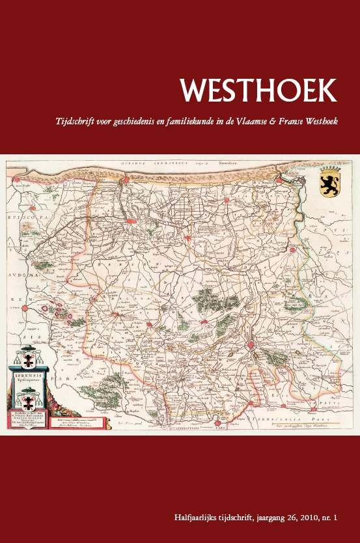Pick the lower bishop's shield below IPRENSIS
click(x=30, y=396)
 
